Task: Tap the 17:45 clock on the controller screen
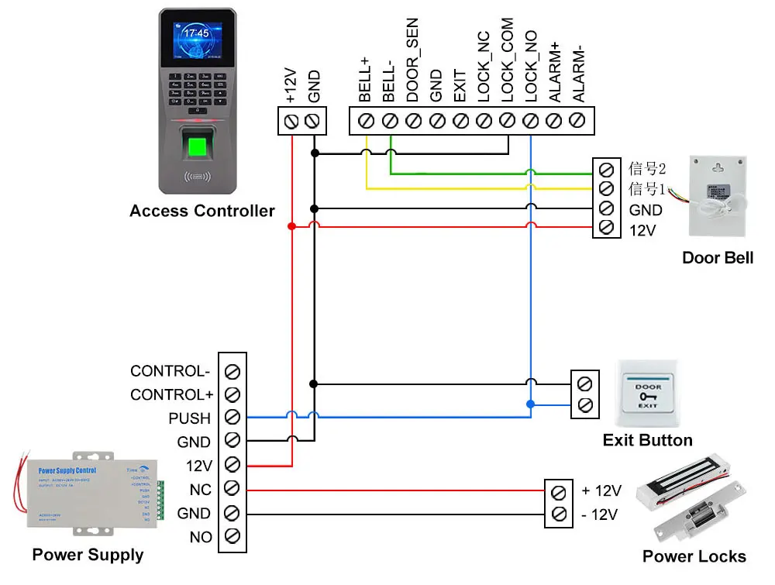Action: (x=197, y=33)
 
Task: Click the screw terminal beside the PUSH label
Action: (x=232, y=418)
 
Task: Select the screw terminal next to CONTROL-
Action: (x=232, y=370)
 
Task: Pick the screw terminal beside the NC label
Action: (x=232, y=489)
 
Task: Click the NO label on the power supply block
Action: (x=200, y=537)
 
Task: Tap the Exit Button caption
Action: (x=647, y=440)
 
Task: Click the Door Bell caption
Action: (x=717, y=257)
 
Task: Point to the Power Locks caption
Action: (x=694, y=556)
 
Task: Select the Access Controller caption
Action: (x=201, y=211)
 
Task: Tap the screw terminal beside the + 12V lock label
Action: (x=557, y=491)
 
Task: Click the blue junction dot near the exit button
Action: (x=530, y=404)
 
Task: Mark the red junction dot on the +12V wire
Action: (x=291, y=226)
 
